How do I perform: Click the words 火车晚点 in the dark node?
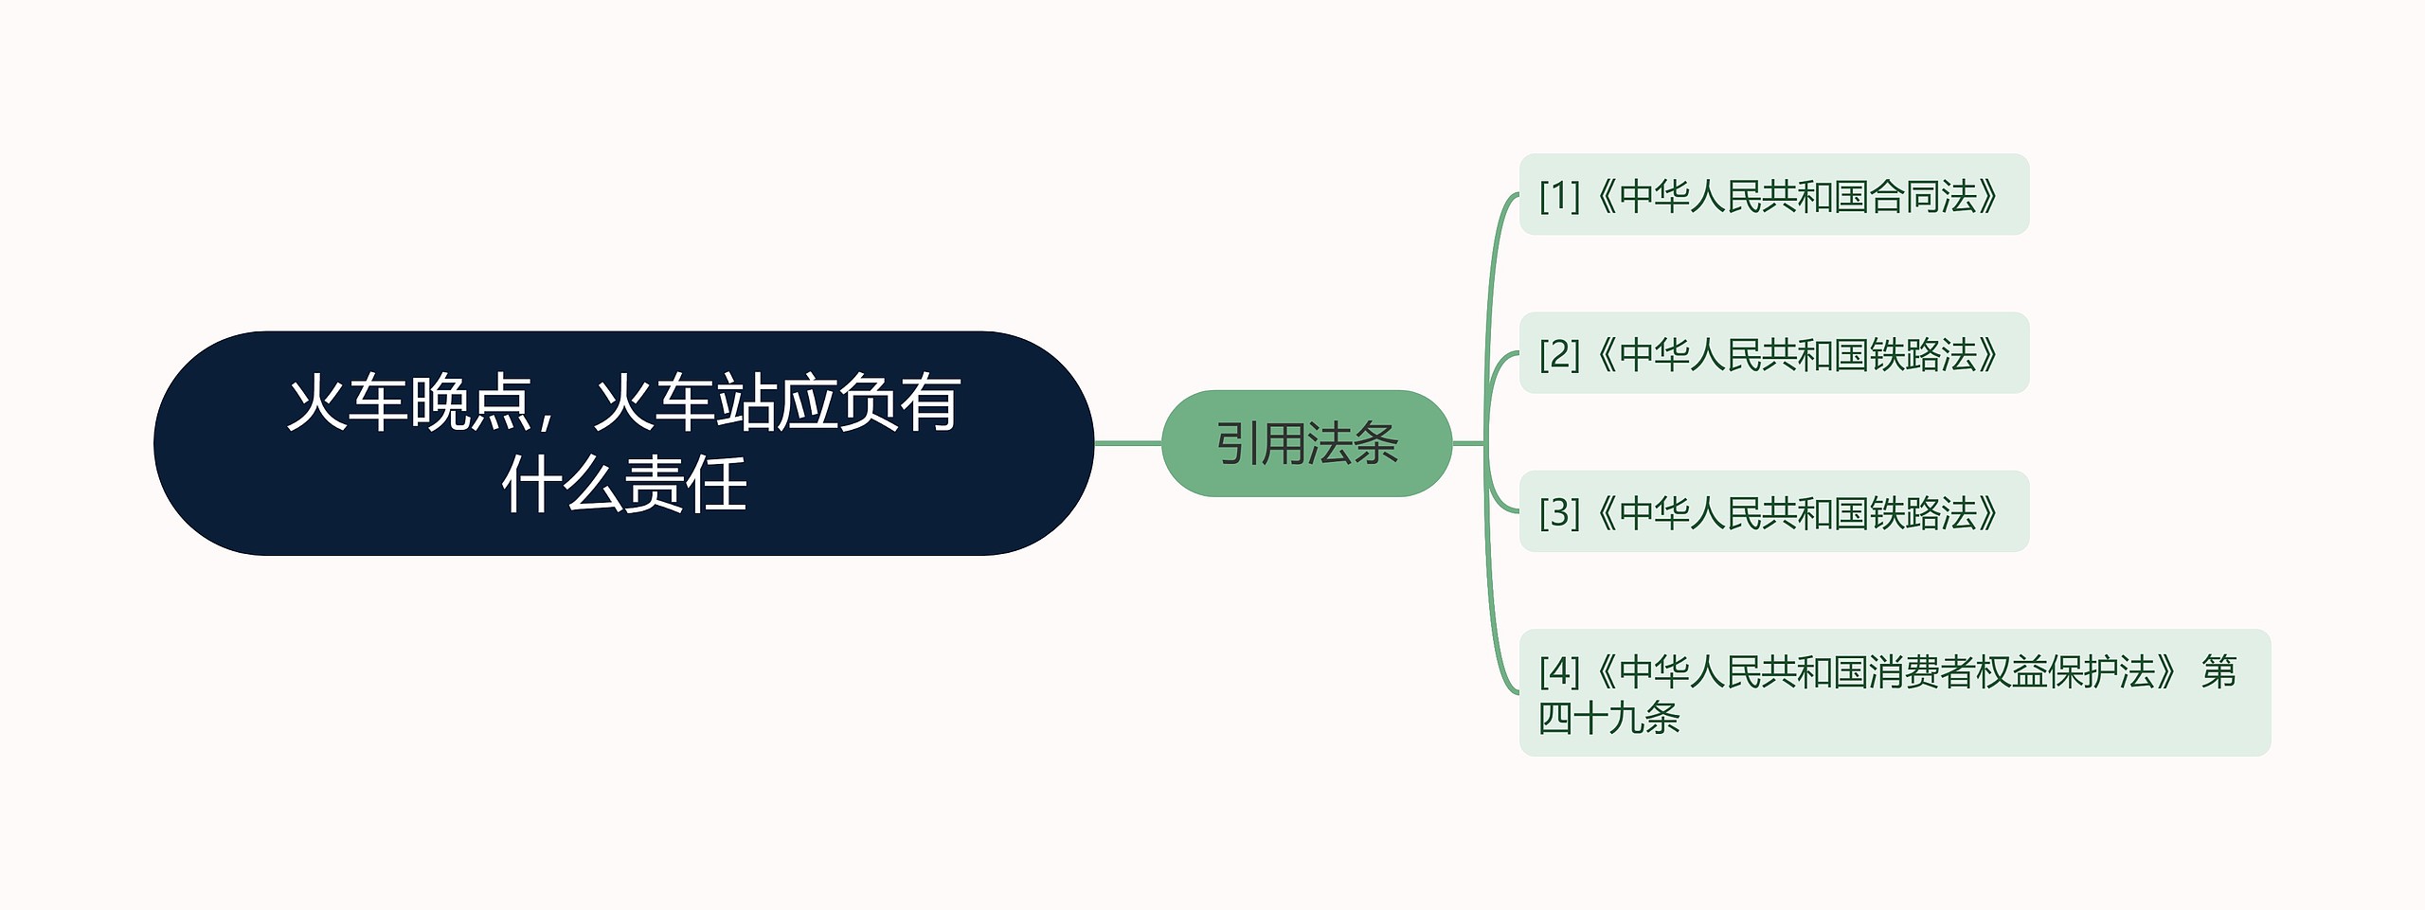pos(409,403)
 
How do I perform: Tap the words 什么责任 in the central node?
pos(624,485)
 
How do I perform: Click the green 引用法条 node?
pos(1306,443)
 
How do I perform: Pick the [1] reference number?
pos(1559,196)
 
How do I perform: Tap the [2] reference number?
pos(1559,354)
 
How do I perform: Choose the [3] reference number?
pos(1559,512)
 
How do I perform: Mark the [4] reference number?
pos(1559,671)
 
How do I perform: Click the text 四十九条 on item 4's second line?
pos(1608,717)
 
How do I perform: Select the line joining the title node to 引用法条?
pos(1127,443)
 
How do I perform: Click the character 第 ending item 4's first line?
pos(2218,671)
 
